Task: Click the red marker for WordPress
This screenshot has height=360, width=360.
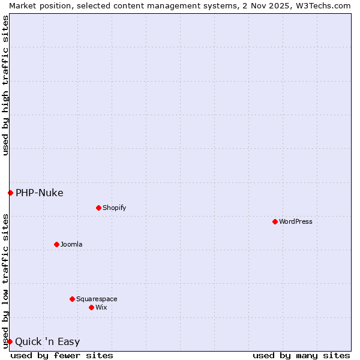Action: pyautogui.click(x=275, y=221)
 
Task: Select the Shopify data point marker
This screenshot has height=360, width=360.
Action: pyautogui.click(x=98, y=208)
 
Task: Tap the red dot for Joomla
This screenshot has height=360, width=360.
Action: pyautogui.click(x=56, y=244)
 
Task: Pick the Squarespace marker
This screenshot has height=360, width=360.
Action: pyautogui.click(x=72, y=299)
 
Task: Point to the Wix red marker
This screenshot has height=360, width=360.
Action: pyautogui.click(x=91, y=307)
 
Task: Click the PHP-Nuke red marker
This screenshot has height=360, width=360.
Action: pyautogui.click(x=10, y=193)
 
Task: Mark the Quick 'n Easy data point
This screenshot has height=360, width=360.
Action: pyautogui.click(x=10, y=341)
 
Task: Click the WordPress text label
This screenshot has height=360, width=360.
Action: pyautogui.click(x=296, y=221)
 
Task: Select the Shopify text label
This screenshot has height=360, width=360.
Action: pyautogui.click(x=114, y=208)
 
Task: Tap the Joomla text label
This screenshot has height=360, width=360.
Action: pyautogui.click(x=71, y=244)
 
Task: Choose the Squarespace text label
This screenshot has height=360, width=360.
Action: pyautogui.click(x=97, y=299)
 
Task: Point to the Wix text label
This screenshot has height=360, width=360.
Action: pyautogui.click(x=101, y=307)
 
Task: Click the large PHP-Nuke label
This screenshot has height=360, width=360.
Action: pyautogui.click(x=40, y=193)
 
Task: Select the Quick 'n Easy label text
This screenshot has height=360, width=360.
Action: pyautogui.click(x=47, y=342)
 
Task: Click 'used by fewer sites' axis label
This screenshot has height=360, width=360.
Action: pyautogui.click(x=62, y=355)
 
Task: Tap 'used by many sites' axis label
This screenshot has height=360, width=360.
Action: pyautogui.click(x=301, y=355)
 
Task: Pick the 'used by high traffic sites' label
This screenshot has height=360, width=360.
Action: pyautogui.click(x=5, y=85)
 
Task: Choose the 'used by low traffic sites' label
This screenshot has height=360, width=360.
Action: pyautogui.click(x=5, y=281)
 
